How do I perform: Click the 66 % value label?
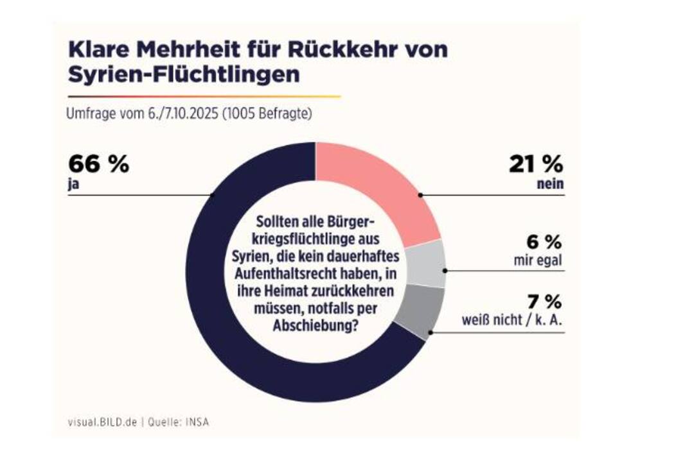98,164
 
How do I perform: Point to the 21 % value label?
536,164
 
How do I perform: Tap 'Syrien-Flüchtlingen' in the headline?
183,74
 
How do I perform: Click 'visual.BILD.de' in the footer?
102,422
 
